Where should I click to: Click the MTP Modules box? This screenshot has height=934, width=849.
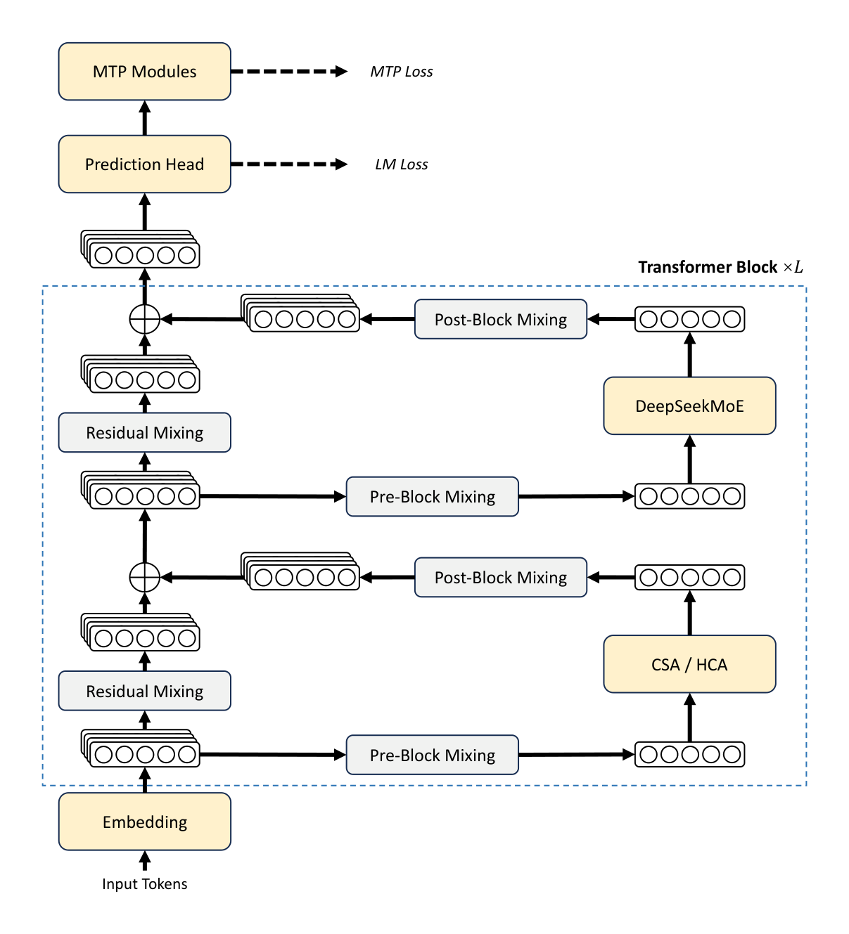(x=144, y=72)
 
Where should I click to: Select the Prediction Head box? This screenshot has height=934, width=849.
(x=144, y=164)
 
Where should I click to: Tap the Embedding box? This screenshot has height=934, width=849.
(x=144, y=822)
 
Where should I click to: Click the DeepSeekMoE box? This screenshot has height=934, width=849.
(x=689, y=406)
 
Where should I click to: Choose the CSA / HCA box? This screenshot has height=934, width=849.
(x=689, y=664)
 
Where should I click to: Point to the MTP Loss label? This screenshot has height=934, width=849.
(x=401, y=72)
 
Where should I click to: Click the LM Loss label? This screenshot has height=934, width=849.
(x=401, y=164)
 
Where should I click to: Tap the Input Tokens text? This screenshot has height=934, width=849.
(x=144, y=884)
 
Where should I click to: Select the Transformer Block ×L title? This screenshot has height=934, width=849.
(x=720, y=267)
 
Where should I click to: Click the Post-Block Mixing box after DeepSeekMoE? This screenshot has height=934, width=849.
(x=500, y=320)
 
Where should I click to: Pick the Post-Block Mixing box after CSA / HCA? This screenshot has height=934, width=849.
(x=500, y=578)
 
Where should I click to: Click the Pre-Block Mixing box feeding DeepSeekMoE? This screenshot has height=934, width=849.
(x=432, y=497)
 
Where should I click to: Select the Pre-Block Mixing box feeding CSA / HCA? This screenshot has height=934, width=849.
(x=432, y=755)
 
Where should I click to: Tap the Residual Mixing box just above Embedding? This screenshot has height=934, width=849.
(x=144, y=691)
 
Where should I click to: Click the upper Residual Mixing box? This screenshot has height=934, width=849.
(x=144, y=433)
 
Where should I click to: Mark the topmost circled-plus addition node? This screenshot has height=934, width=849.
(x=145, y=320)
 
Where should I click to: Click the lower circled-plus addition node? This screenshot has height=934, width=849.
(x=145, y=578)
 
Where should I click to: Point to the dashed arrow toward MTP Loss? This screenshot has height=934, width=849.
(x=288, y=72)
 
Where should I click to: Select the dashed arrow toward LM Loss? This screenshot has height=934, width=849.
(x=288, y=164)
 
